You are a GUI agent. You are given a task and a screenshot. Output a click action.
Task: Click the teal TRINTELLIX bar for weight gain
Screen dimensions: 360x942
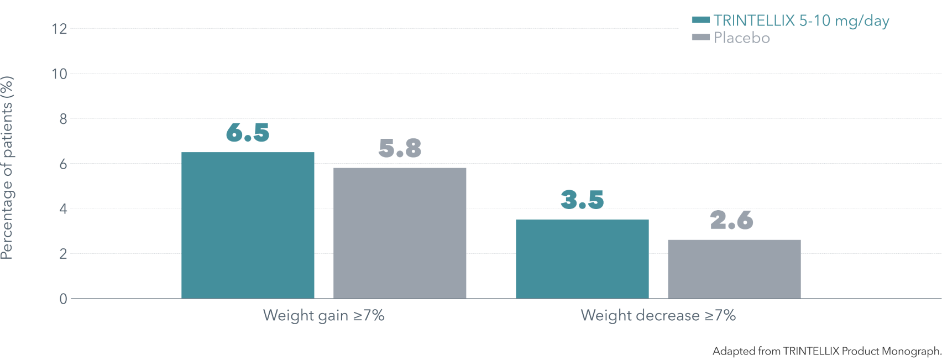click(248, 225)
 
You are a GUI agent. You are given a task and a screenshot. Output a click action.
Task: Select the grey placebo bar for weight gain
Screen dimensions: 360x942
click(400, 233)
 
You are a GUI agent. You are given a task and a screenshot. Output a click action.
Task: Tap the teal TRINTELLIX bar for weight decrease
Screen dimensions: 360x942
click(582, 259)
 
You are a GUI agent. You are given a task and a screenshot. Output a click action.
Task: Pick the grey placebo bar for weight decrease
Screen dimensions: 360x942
click(734, 269)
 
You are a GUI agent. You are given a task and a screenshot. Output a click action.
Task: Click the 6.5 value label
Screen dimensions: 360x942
click(248, 132)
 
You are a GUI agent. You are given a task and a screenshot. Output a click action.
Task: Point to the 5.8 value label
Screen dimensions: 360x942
click(400, 148)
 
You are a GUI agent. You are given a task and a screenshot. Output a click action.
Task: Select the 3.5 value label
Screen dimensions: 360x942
click(582, 199)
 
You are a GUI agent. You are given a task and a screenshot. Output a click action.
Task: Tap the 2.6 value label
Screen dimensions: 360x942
click(731, 220)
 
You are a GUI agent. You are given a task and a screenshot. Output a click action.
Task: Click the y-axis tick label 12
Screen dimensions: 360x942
click(59, 29)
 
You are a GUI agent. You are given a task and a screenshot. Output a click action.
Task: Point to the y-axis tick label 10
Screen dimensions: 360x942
click(59, 74)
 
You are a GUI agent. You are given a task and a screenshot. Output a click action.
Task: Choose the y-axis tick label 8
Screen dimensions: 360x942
click(63, 119)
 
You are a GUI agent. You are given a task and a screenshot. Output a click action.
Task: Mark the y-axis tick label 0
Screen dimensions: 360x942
click(63, 299)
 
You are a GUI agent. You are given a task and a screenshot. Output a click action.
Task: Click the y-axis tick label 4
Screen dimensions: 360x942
click(63, 209)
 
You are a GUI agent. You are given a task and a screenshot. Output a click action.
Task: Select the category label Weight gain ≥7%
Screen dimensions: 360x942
click(323, 315)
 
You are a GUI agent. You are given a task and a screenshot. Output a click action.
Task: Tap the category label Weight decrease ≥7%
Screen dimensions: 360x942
click(658, 315)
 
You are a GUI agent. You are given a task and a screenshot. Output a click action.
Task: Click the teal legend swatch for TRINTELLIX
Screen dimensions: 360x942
click(700, 20)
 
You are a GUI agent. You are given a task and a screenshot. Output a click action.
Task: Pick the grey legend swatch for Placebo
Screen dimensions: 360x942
click(700, 37)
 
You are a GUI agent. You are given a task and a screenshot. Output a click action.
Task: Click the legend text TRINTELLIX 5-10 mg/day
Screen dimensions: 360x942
click(801, 21)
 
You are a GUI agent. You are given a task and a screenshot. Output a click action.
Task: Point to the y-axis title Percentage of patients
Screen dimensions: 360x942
click(7, 168)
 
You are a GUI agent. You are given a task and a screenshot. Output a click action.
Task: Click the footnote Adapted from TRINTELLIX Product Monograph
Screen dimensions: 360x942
click(826, 351)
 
